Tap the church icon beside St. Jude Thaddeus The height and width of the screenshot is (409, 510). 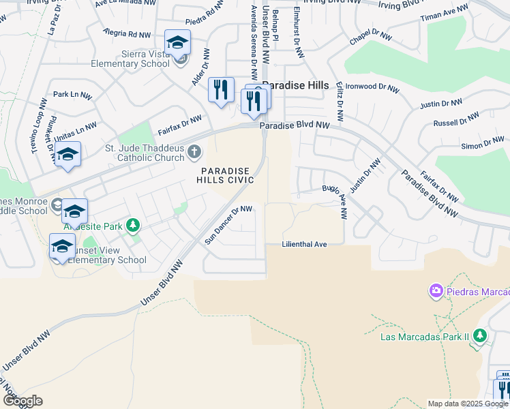(194, 151)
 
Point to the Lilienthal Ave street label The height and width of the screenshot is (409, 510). (305, 244)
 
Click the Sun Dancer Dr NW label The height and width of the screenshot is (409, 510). (228, 225)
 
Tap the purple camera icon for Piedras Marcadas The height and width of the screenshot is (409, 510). (436, 292)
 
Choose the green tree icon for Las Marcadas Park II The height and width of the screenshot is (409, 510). (480, 335)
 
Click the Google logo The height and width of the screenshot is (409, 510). (22, 400)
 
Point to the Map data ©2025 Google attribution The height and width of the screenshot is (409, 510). (468, 404)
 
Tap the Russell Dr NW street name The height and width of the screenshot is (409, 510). (456, 121)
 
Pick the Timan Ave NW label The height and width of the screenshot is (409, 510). (445, 12)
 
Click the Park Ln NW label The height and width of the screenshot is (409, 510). (72, 95)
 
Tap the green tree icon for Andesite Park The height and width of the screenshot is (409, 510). (134, 224)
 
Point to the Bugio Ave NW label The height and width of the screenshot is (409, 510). (334, 201)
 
